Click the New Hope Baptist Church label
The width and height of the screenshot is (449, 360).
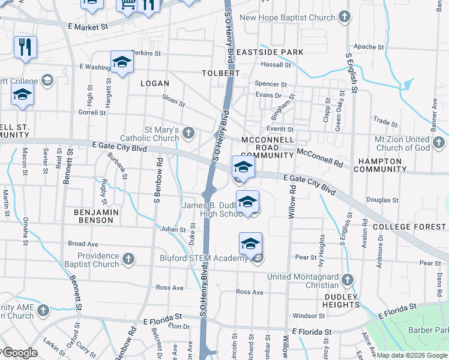(287, 17)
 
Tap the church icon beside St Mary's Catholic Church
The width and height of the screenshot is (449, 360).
(188, 132)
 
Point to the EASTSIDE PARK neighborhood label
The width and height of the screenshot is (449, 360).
(270, 52)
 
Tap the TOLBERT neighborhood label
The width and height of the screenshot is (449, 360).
(221, 73)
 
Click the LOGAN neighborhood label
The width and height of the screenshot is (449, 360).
(155, 83)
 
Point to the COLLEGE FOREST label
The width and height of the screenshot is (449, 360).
(409, 227)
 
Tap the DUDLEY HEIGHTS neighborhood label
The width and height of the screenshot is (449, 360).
(342, 301)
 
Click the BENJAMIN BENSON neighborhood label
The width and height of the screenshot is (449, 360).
(93, 216)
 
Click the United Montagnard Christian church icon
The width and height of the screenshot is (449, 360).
(346, 279)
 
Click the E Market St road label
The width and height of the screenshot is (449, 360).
(88, 27)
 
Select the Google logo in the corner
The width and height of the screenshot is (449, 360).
(19, 353)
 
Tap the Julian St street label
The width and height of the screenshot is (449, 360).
(172, 229)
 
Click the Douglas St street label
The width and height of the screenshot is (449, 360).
(378, 200)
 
